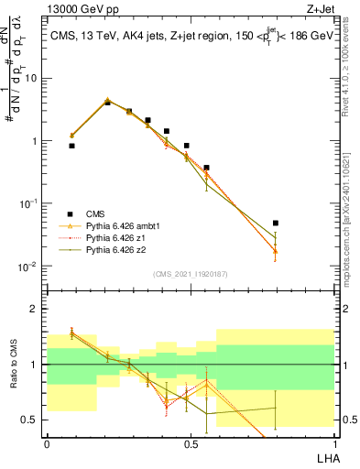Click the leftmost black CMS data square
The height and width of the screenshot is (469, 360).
71,146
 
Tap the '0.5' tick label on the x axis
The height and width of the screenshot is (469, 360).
190,443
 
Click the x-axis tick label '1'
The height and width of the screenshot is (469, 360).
333,443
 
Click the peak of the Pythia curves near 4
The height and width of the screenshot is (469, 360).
107,100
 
